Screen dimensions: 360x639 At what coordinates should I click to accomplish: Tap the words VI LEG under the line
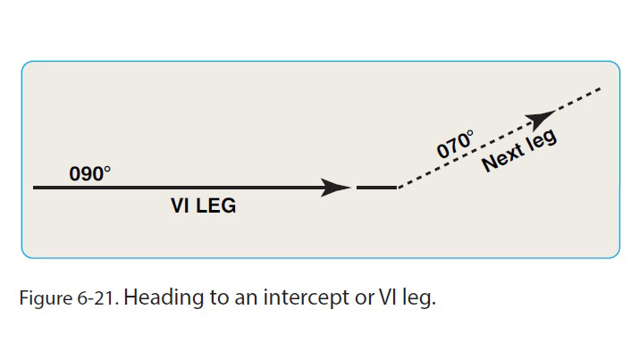click(x=204, y=206)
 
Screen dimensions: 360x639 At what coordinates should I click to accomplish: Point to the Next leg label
click(x=519, y=150)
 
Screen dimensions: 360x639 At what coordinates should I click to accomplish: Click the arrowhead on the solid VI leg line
click(x=335, y=188)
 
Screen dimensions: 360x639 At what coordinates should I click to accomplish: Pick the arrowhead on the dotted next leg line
click(x=539, y=120)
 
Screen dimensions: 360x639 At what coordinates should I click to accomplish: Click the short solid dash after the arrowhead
click(x=375, y=188)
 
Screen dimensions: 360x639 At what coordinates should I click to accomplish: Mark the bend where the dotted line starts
click(x=398, y=188)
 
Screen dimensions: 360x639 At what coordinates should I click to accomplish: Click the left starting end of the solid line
click(x=34, y=188)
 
